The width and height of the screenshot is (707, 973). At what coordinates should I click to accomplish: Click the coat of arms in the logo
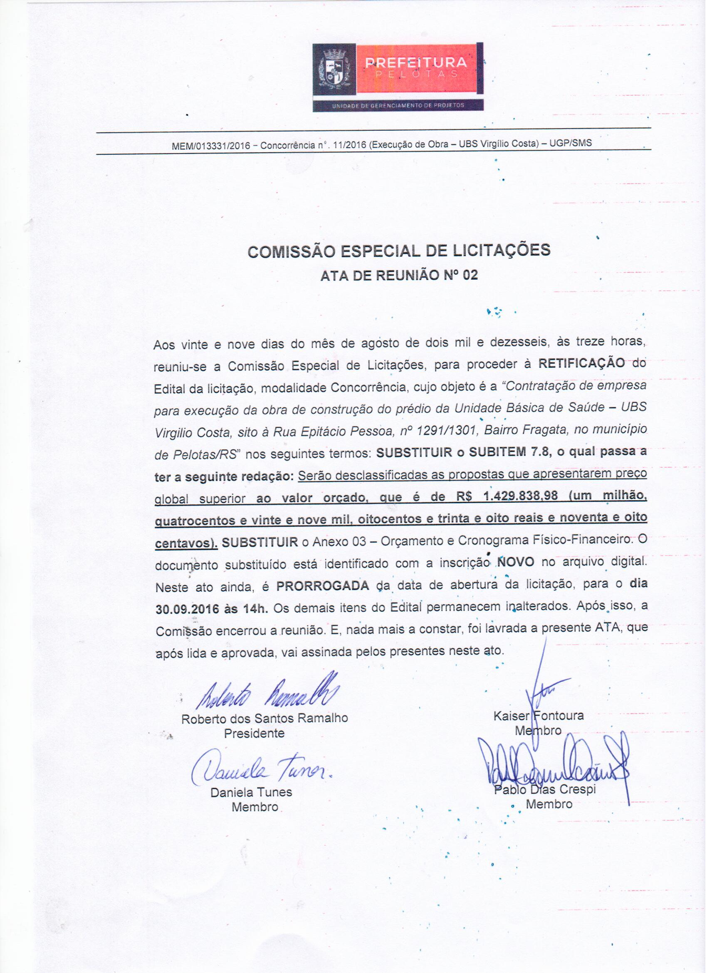click(x=334, y=69)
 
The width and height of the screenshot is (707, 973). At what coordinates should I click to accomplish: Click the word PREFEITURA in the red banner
click(x=416, y=63)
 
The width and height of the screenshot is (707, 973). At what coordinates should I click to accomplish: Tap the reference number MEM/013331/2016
click(x=210, y=146)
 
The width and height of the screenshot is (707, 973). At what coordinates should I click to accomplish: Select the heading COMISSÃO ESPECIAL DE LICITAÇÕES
click(x=399, y=251)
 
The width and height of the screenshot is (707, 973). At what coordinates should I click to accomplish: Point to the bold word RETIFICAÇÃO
click(x=581, y=363)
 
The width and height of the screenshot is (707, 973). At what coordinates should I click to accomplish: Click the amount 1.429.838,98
click(x=521, y=496)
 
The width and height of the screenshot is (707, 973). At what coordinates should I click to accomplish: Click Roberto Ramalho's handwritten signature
click(x=267, y=693)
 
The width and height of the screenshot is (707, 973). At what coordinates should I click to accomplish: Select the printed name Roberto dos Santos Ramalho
click(x=265, y=719)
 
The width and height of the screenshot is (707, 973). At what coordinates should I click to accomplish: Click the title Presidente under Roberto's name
click(x=254, y=734)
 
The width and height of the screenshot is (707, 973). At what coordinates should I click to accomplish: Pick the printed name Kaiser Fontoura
click(x=539, y=715)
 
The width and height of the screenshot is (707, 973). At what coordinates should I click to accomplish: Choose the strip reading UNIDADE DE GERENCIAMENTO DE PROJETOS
click(x=398, y=106)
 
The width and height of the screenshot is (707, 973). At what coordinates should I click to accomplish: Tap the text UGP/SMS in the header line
click(x=570, y=143)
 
